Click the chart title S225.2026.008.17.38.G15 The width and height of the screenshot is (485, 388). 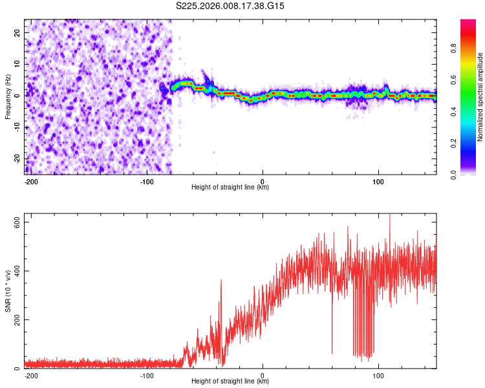click(231, 6)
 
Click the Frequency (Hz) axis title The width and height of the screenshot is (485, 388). click(8, 97)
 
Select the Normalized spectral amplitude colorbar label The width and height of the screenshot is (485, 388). click(480, 97)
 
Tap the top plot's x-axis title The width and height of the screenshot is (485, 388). click(230, 187)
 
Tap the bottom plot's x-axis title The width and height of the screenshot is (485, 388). click(230, 381)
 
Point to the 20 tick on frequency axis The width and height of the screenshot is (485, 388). click(17, 32)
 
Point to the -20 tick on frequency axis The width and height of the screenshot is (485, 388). click(16, 158)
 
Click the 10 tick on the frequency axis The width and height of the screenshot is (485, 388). click(17, 64)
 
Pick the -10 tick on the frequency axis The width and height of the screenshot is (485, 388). click(16, 127)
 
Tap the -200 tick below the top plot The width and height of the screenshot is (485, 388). click(30, 180)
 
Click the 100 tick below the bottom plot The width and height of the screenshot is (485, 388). click(378, 374)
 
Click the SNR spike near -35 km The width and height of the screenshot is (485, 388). click(221, 281)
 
